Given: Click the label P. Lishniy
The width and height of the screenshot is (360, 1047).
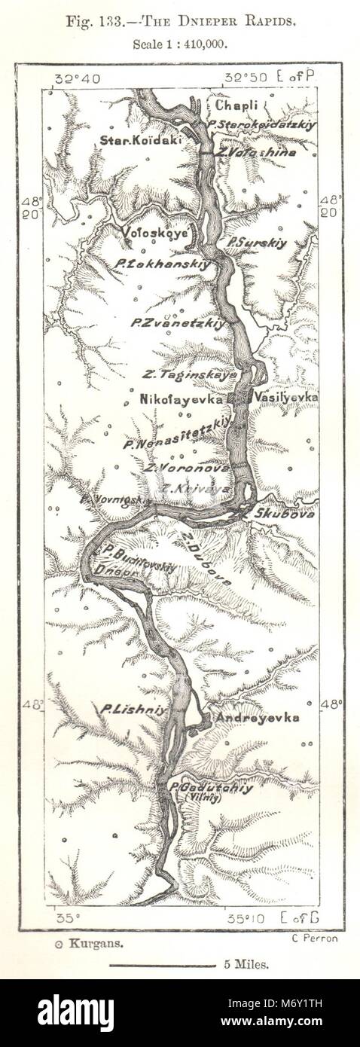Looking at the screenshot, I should click(x=125, y=708).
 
